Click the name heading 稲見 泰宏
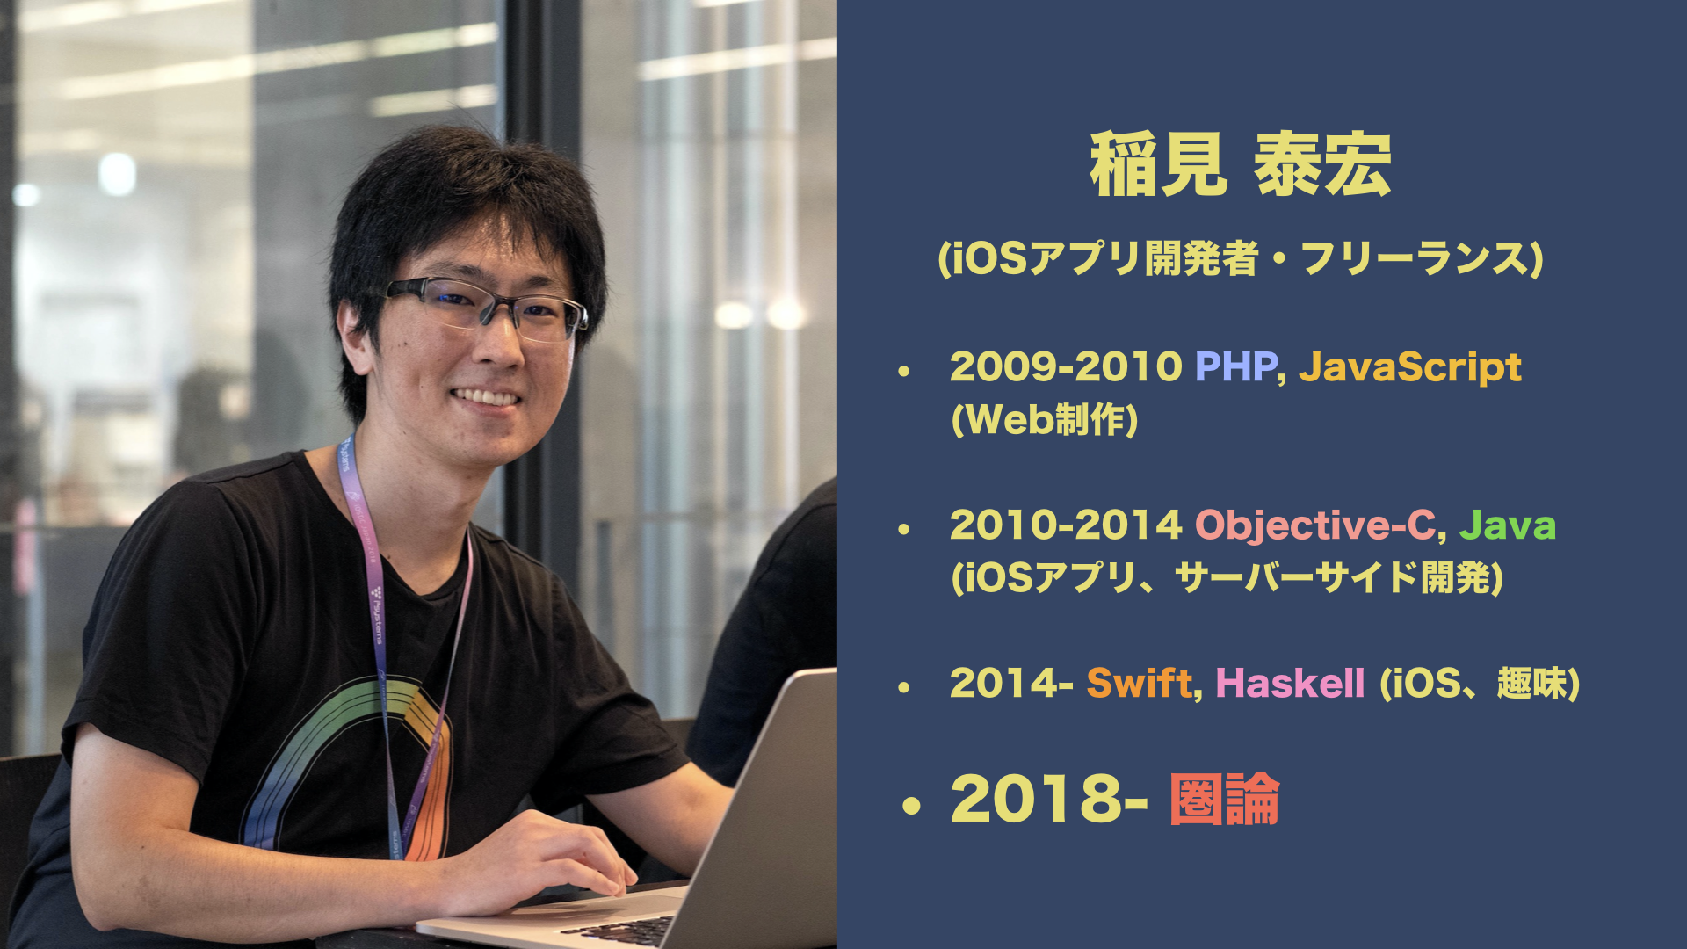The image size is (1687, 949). (x=1240, y=164)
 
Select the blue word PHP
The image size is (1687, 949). (x=1235, y=366)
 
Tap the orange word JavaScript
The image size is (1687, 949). (x=1409, y=367)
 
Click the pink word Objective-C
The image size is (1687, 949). (x=1314, y=525)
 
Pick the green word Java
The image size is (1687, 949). (x=1507, y=525)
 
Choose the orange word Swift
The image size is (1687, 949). (x=1139, y=684)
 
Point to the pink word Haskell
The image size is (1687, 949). (x=1290, y=684)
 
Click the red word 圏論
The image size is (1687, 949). (x=1224, y=800)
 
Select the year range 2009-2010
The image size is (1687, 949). (x=1065, y=366)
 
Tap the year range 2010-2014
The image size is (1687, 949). (x=1065, y=525)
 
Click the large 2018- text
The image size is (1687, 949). (x=1048, y=800)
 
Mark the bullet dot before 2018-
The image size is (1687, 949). (x=911, y=806)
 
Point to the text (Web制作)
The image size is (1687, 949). (x=1044, y=420)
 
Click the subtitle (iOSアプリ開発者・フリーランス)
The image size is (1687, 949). (x=1240, y=259)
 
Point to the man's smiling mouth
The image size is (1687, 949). (x=486, y=398)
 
